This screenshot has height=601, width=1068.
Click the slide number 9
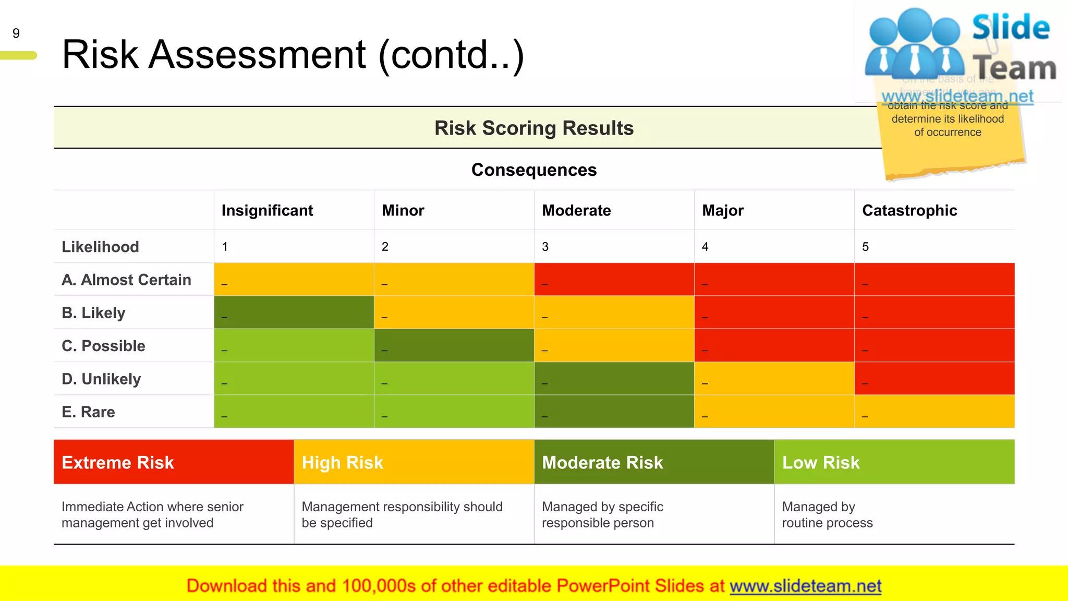coord(16,33)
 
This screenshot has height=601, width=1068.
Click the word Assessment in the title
coord(257,55)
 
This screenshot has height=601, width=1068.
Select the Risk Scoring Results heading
coord(533,128)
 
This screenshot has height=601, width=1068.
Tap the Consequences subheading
coord(533,170)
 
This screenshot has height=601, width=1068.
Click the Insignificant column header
coord(267,210)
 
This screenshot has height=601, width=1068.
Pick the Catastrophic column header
coord(909,210)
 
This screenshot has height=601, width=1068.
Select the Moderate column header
coord(576,210)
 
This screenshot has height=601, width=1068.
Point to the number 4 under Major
coord(705,247)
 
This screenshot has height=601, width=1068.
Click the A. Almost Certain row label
coord(126,280)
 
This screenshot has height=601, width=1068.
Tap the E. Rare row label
coord(88,412)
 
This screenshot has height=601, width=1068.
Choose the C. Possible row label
coord(103,346)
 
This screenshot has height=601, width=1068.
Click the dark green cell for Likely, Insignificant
coord(294,312)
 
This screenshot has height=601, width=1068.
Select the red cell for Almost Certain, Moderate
coord(614,279)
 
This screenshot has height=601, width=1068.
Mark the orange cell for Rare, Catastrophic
coord(934,411)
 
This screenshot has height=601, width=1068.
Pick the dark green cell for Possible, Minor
coord(454,345)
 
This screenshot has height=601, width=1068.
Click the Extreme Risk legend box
coord(173,462)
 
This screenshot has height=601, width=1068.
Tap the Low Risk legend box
coord(894,462)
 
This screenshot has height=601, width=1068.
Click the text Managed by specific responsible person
coord(602,514)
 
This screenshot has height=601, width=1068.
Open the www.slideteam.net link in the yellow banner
coord(805,586)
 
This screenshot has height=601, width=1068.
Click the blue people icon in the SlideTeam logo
coord(914,44)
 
